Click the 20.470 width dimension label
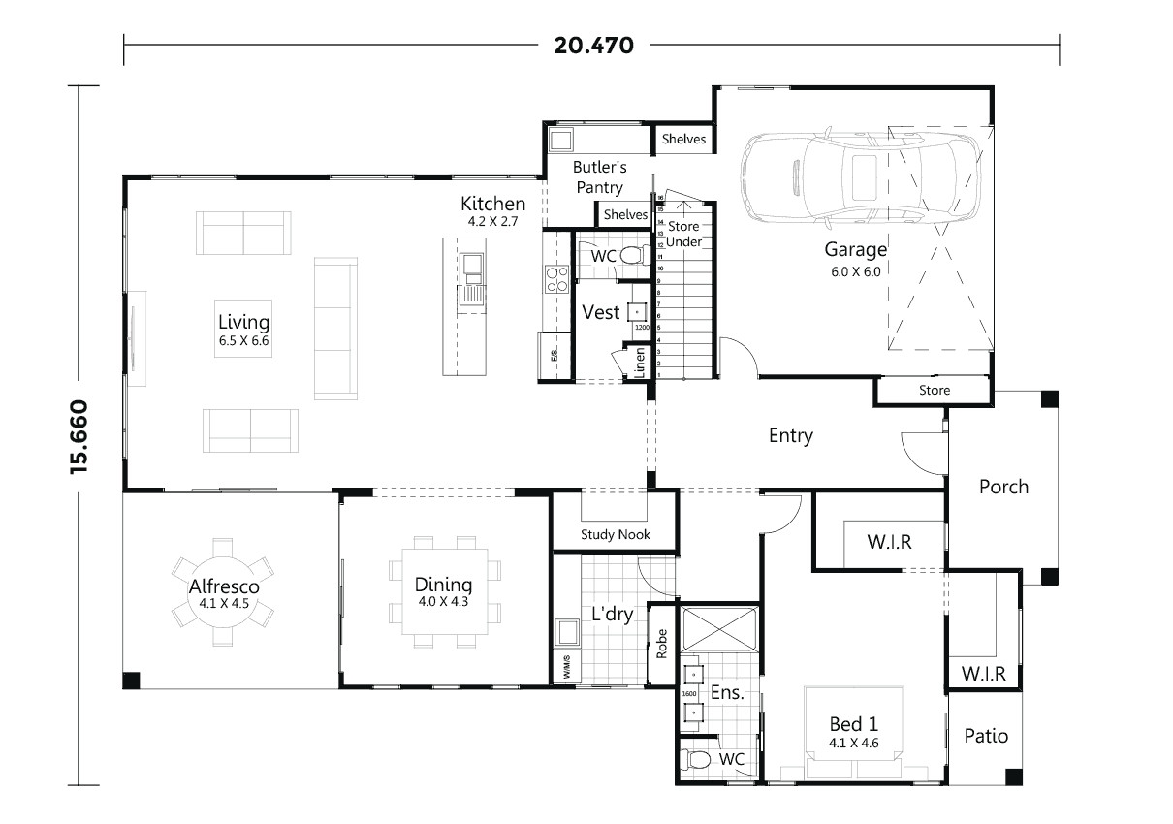[x=593, y=45]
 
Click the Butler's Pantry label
[x=598, y=176]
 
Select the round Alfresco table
[x=223, y=591]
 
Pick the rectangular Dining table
[x=444, y=591]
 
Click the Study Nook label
[x=616, y=534]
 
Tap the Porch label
[x=1003, y=487]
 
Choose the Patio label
[x=986, y=736]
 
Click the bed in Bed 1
[x=854, y=733]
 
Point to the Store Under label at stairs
[x=683, y=234]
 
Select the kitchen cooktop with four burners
[x=556, y=279]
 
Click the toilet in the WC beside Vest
[x=631, y=256]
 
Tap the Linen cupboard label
[x=640, y=363]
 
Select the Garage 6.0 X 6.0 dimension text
[x=855, y=271]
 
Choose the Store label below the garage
[x=935, y=391]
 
